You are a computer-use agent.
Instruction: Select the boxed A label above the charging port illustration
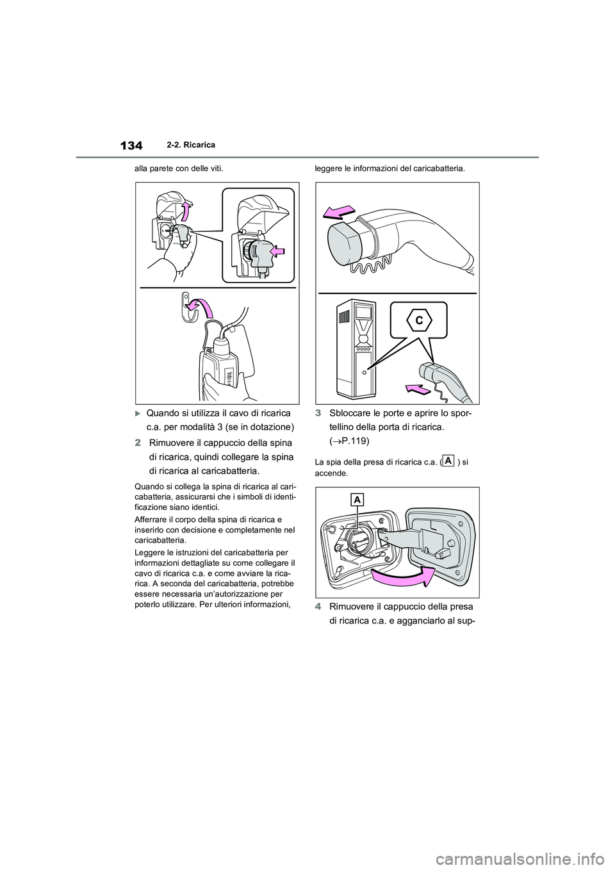click(356, 500)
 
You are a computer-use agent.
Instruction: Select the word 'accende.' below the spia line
click(330, 473)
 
